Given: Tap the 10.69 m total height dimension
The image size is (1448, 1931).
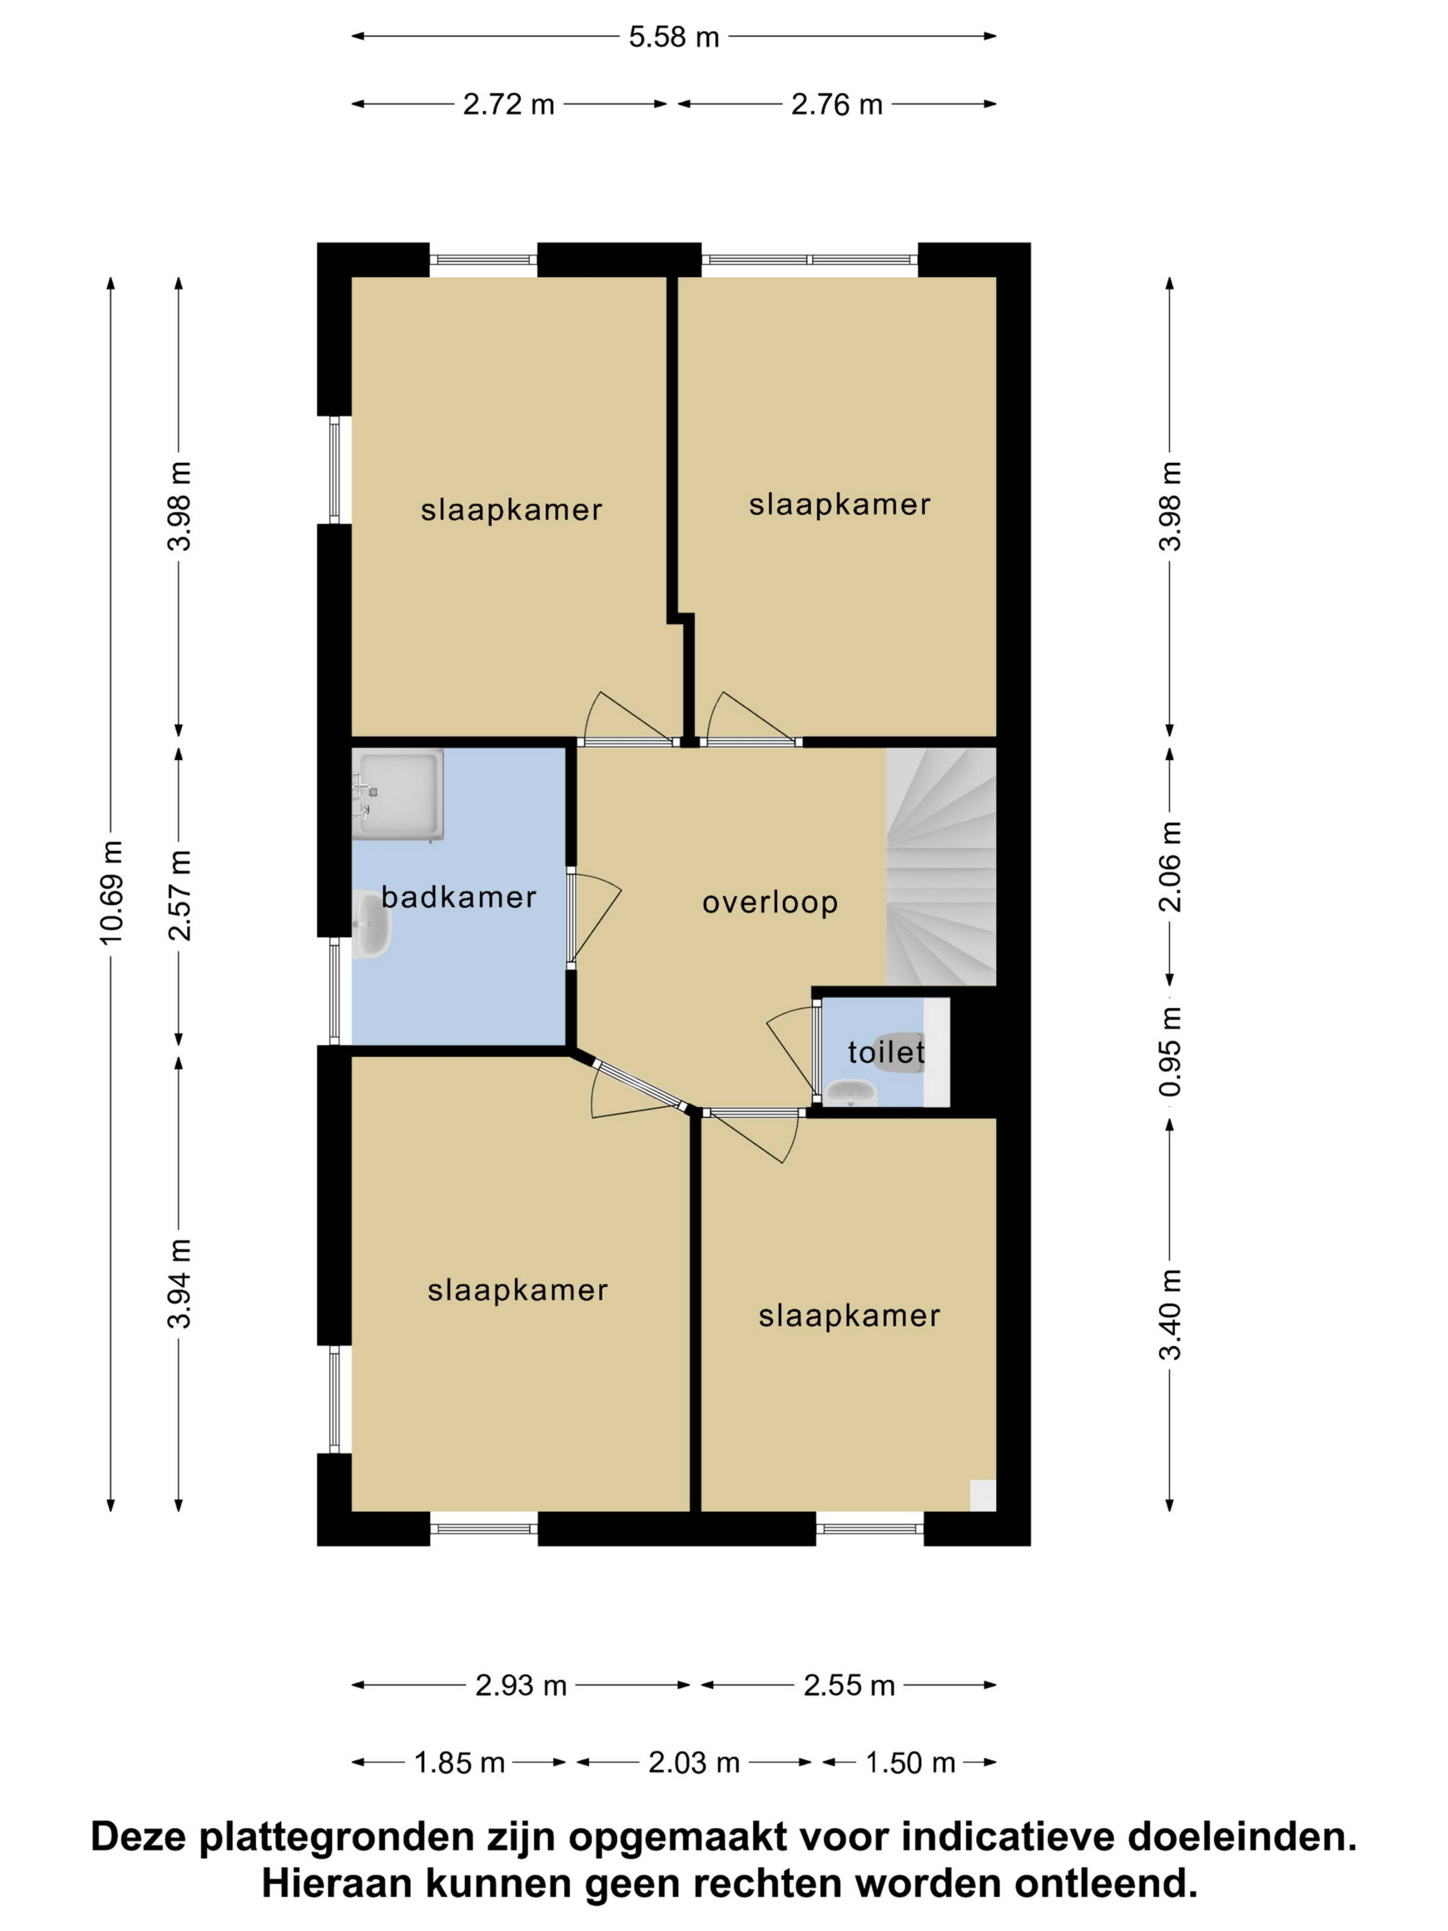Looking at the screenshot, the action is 111,891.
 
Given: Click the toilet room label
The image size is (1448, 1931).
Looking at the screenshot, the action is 886,1052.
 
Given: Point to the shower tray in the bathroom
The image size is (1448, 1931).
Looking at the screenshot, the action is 398,794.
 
